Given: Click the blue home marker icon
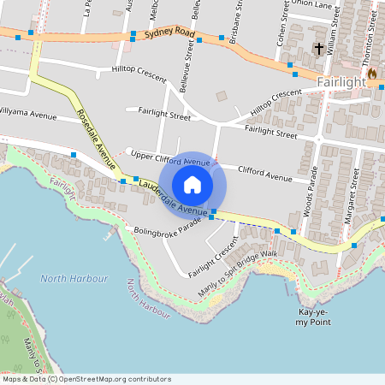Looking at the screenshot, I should [192, 184].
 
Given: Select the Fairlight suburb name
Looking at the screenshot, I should [341, 82].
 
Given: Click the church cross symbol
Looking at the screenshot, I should [320, 49].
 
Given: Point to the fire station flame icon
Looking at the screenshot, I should [372, 74].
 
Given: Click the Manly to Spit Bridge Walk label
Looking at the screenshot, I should [239, 273].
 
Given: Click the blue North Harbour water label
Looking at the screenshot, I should [74, 279].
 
